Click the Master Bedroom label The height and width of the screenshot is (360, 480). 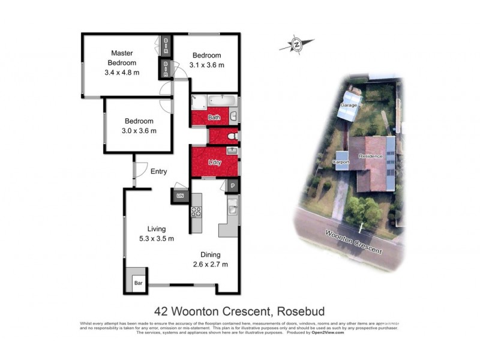coord(122,58)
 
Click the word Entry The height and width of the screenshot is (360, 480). coord(158,172)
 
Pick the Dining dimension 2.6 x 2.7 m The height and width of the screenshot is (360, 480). coord(209,264)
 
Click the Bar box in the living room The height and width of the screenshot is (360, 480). coord(137,283)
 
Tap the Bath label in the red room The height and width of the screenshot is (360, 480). coord(214,118)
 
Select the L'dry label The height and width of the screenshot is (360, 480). coord(214,163)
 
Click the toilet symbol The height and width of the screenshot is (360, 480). coord(233,137)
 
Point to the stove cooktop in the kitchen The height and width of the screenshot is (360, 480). coord(196,211)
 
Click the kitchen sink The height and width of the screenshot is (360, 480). coord(232,209)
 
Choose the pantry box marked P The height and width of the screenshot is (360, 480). coord(232,186)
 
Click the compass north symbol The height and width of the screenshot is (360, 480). coord(296,44)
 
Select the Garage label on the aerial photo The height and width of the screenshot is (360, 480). coord(349,106)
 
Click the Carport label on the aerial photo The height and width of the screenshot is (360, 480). coord(341,162)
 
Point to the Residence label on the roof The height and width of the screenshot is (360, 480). coord(370,156)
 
